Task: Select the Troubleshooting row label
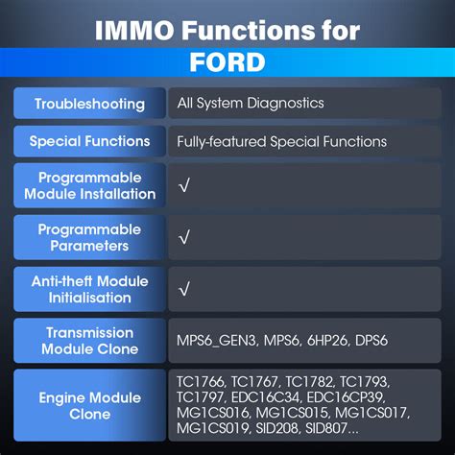pyautogui.click(x=89, y=104)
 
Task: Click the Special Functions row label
pyautogui.click(x=89, y=141)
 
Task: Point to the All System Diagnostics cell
pyautogui.click(x=251, y=103)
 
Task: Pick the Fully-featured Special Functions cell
pyautogui.click(x=281, y=141)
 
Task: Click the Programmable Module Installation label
pyautogui.click(x=89, y=186)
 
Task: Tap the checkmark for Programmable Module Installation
pyautogui.click(x=184, y=185)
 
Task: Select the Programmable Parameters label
pyautogui.click(x=89, y=238)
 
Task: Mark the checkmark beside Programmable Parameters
pyautogui.click(x=184, y=237)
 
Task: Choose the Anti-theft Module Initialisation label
pyautogui.click(x=89, y=289)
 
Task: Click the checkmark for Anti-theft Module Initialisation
pyautogui.click(x=184, y=288)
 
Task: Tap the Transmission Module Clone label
pyautogui.click(x=89, y=341)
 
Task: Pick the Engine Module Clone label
pyautogui.click(x=89, y=406)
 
